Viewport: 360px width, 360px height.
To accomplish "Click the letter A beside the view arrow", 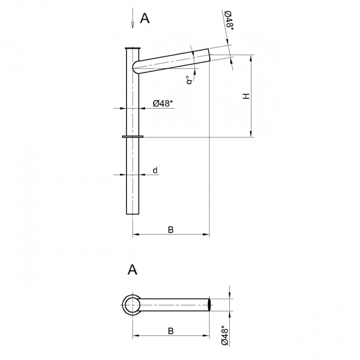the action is (145, 18).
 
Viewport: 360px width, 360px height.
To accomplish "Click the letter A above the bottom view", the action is (132, 269).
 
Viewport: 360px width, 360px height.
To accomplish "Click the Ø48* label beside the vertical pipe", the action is (163, 103).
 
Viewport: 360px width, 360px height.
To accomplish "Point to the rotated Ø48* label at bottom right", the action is (225, 335).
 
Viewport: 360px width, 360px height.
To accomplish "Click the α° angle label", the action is (189, 80).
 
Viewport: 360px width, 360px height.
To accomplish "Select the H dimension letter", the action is (246, 96).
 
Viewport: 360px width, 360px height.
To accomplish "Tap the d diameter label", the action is (155, 170).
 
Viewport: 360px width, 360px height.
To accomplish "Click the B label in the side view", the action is (170, 230).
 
